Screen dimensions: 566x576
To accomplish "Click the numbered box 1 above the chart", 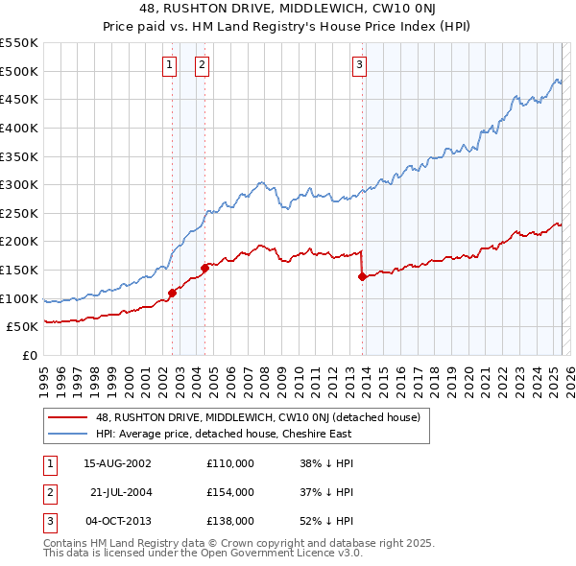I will tap(169, 65).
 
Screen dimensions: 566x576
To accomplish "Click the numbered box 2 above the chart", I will tap(203, 65).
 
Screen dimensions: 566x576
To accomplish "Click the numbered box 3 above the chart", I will tap(359, 65).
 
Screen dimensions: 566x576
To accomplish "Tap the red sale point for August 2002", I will tap(173, 293).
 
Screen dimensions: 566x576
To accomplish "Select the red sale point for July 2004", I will tap(204, 268).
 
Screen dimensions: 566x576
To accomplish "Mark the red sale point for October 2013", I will tap(362, 276).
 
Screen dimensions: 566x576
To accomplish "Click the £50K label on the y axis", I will tap(22, 327).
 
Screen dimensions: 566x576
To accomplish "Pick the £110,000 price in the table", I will tap(230, 463).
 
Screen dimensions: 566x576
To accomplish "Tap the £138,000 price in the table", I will tap(230, 521).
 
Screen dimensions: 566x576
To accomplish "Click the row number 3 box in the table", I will tap(49, 521).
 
